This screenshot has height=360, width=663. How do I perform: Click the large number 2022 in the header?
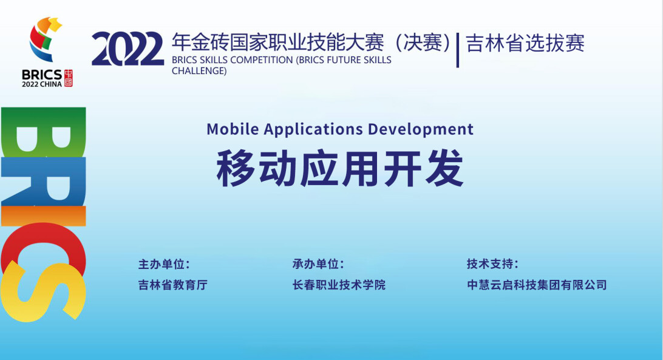coord(127,49)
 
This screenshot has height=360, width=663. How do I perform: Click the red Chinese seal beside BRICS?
coord(68,78)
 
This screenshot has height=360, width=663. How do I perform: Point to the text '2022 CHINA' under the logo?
coord(42,84)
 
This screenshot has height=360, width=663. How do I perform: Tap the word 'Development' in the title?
coord(421,130)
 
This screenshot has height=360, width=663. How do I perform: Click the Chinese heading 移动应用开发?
coord(341,168)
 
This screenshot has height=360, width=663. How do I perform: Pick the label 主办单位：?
coord(165,265)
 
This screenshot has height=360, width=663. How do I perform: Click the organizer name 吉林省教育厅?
coord(173,285)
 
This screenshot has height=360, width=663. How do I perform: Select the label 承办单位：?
coord(318,264)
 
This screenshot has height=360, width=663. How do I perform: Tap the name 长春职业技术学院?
coord(339,285)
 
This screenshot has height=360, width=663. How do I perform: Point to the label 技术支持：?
coord(492,264)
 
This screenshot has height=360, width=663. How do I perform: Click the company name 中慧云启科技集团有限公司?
coord(537,285)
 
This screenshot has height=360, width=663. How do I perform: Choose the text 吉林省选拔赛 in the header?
coord(525,43)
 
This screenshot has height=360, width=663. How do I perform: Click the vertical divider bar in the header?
coord(458,50)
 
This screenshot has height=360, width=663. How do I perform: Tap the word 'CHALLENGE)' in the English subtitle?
coord(199,71)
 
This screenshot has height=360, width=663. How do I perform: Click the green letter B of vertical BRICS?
coord(44,132)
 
